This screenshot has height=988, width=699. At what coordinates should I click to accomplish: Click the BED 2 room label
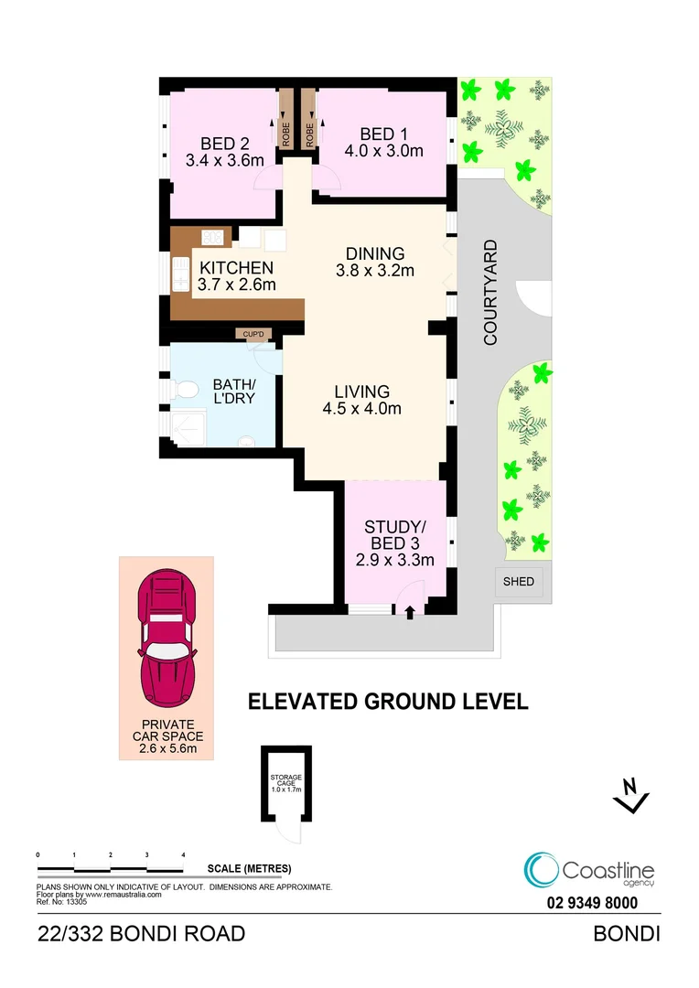(x=225, y=144)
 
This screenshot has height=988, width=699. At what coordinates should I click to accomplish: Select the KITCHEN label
(x=236, y=268)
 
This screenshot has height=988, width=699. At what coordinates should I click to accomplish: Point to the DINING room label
(x=375, y=253)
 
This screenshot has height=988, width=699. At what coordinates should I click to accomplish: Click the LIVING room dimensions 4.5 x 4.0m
(x=362, y=409)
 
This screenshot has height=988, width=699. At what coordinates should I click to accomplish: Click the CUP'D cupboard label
(x=253, y=335)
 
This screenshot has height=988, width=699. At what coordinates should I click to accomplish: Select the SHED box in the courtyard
(x=519, y=582)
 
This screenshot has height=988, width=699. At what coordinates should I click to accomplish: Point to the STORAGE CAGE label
(x=286, y=780)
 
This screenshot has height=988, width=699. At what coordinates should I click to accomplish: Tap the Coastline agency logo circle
(x=542, y=870)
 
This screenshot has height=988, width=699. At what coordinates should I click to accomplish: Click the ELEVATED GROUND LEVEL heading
(x=388, y=702)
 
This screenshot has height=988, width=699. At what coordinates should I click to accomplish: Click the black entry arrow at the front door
(x=409, y=614)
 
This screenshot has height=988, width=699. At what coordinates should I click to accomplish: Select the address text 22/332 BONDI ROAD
(x=141, y=934)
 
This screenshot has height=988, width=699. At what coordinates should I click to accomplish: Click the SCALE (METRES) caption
(x=249, y=868)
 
